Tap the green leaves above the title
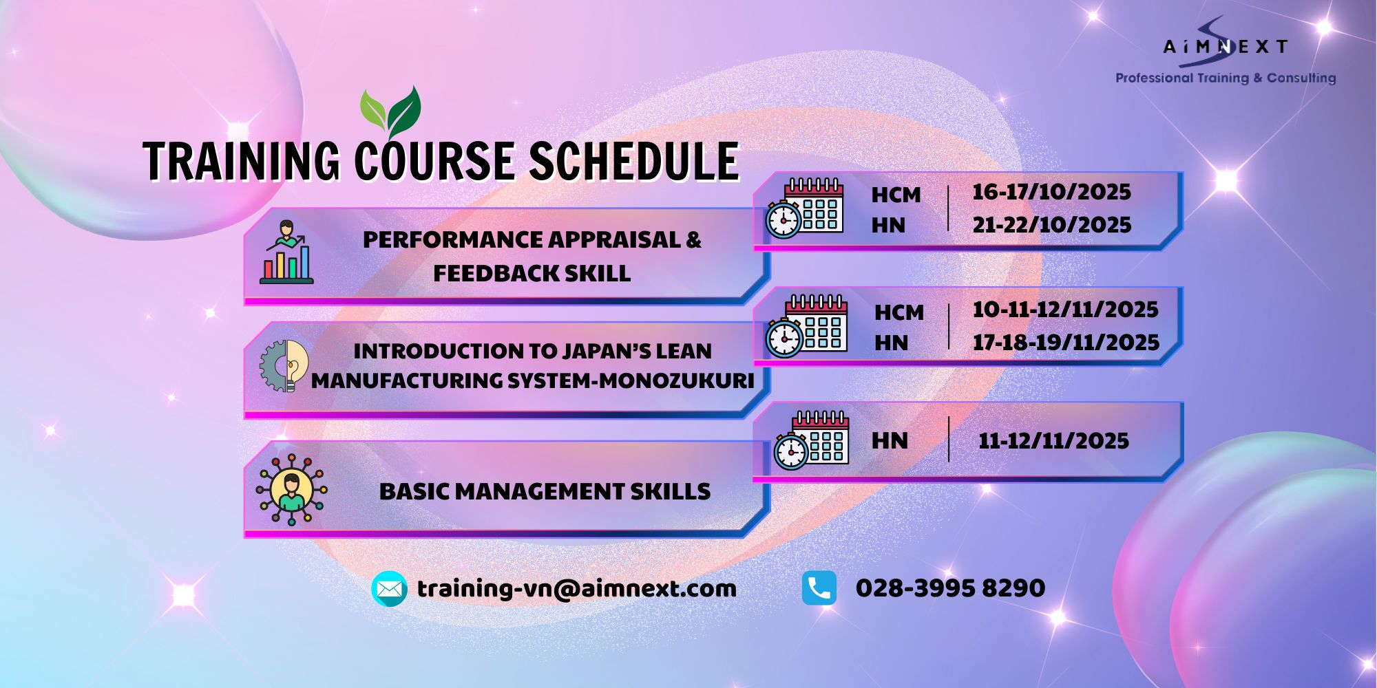pyautogui.click(x=390, y=112)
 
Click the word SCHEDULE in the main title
pyautogui.click(x=633, y=162)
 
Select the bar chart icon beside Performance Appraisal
pyautogui.click(x=286, y=252)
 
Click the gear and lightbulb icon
pyautogui.click(x=284, y=366)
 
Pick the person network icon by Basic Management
pyautogui.click(x=291, y=489)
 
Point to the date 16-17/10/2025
pyautogui.click(x=1051, y=192)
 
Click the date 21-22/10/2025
pyautogui.click(x=1051, y=225)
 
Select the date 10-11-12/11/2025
pyautogui.click(x=1065, y=310)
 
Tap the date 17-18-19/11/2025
pyautogui.click(x=1066, y=343)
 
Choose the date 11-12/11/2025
pyautogui.click(x=1053, y=441)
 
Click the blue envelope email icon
pyautogui.click(x=389, y=589)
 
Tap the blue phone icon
pyautogui.click(x=819, y=588)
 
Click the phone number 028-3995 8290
pyautogui.click(x=950, y=588)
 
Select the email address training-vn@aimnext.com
pyautogui.click(x=577, y=589)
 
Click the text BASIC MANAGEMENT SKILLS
pyautogui.click(x=545, y=492)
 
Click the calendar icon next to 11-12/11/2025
pyautogui.click(x=811, y=440)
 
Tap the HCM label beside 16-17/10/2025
pyautogui.click(x=896, y=195)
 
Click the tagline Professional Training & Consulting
pyautogui.click(x=1226, y=78)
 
